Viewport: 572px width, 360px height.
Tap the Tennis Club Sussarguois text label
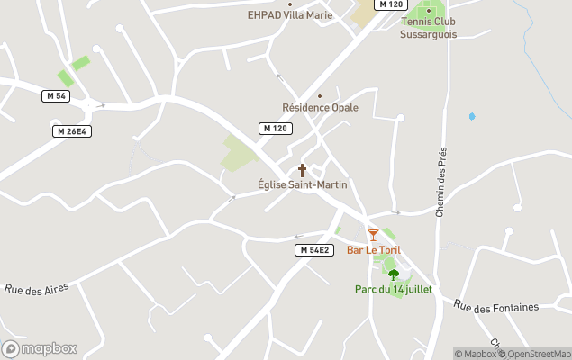[x=428, y=28]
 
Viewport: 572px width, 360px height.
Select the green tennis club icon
[x=429, y=11]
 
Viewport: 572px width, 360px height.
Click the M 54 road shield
[x=55, y=95]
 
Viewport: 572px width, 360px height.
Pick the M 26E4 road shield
[x=71, y=131]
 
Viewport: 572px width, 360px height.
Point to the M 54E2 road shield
[x=315, y=249]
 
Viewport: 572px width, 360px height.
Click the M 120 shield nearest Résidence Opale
[x=276, y=129]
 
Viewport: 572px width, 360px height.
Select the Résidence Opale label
[x=320, y=108]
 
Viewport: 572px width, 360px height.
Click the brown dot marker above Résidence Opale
[x=320, y=95]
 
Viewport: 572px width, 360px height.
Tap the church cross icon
[x=302, y=170]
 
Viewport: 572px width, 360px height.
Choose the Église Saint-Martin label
[x=303, y=184]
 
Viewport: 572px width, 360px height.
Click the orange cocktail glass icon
[x=373, y=235]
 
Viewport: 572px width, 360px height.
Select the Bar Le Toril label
[x=374, y=249]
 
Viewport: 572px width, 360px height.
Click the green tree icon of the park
[x=393, y=274]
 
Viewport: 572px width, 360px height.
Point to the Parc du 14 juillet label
[x=393, y=289]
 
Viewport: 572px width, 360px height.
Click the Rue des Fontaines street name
[x=496, y=307]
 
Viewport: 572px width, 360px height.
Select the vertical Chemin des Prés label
[x=441, y=183]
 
